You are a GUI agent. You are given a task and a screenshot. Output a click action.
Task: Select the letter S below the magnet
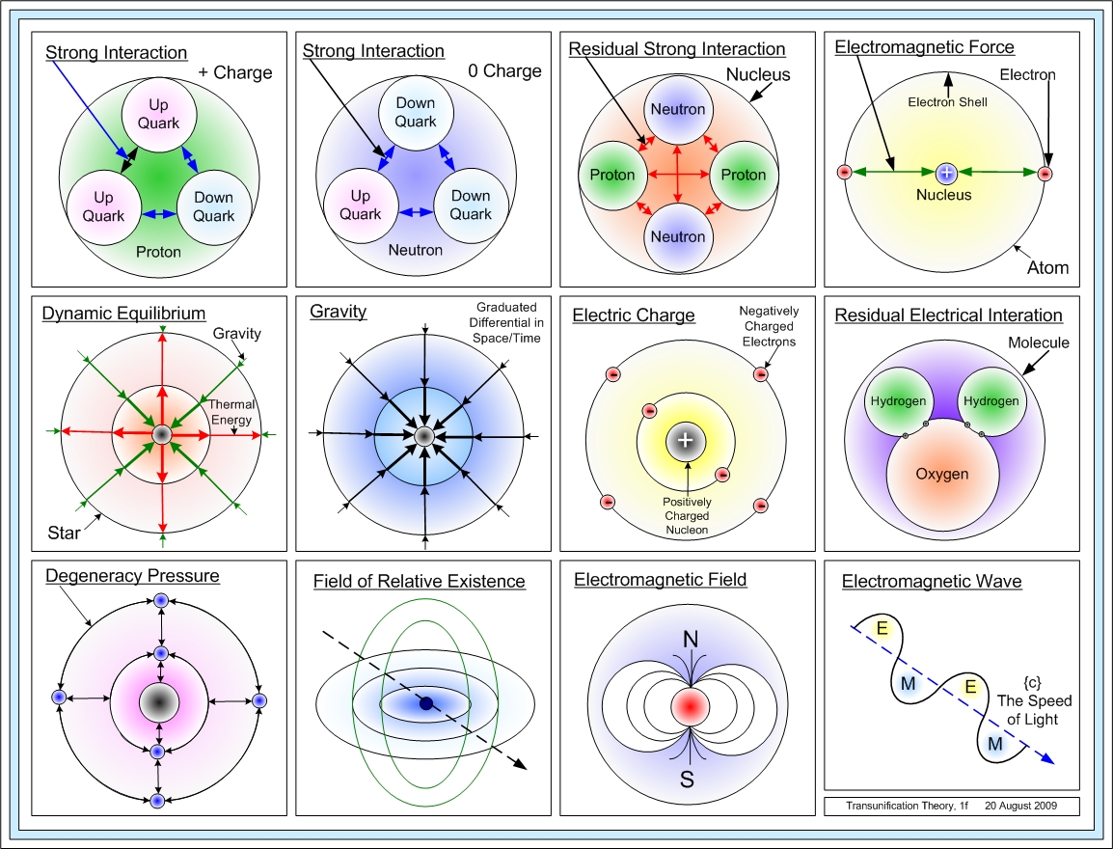pos(688,779)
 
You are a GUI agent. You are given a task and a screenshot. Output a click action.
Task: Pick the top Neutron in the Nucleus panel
pos(678,110)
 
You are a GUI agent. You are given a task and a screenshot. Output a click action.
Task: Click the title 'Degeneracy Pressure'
pos(132,577)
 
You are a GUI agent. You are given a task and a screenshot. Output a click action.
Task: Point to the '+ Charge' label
pos(235,72)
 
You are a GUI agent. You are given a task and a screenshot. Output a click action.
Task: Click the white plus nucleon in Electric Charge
pos(686,440)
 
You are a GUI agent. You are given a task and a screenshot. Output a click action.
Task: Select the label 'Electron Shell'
pos(948,100)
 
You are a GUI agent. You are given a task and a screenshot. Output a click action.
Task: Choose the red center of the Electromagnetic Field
pos(687,706)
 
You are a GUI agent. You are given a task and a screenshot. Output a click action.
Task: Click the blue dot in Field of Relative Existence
pos(425,703)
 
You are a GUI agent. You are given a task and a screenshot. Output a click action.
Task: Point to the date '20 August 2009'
pos(1021,805)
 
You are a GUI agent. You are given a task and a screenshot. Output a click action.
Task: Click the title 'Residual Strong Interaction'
pos(677,49)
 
